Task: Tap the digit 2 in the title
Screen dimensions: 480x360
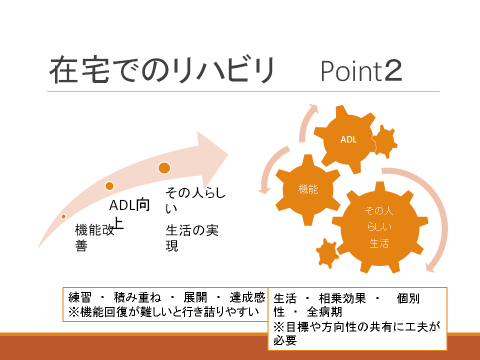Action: click(x=393, y=70)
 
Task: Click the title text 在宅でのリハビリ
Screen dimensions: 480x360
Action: click(x=162, y=70)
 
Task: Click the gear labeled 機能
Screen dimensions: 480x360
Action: click(x=308, y=190)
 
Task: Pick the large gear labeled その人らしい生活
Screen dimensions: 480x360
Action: click(x=379, y=227)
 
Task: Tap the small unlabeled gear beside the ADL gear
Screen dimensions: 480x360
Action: click(x=385, y=141)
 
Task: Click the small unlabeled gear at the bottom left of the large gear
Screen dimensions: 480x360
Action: click(x=327, y=253)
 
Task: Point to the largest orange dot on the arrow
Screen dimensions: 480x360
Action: click(x=164, y=168)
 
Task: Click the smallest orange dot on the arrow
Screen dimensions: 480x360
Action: click(x=63, y=216)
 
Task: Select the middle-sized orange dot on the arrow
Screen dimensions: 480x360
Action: click(x=109, y=186)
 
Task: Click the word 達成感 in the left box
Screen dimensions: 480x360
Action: click(x=247, y=297)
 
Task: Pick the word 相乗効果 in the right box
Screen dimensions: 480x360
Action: click(x=342, y=298)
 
